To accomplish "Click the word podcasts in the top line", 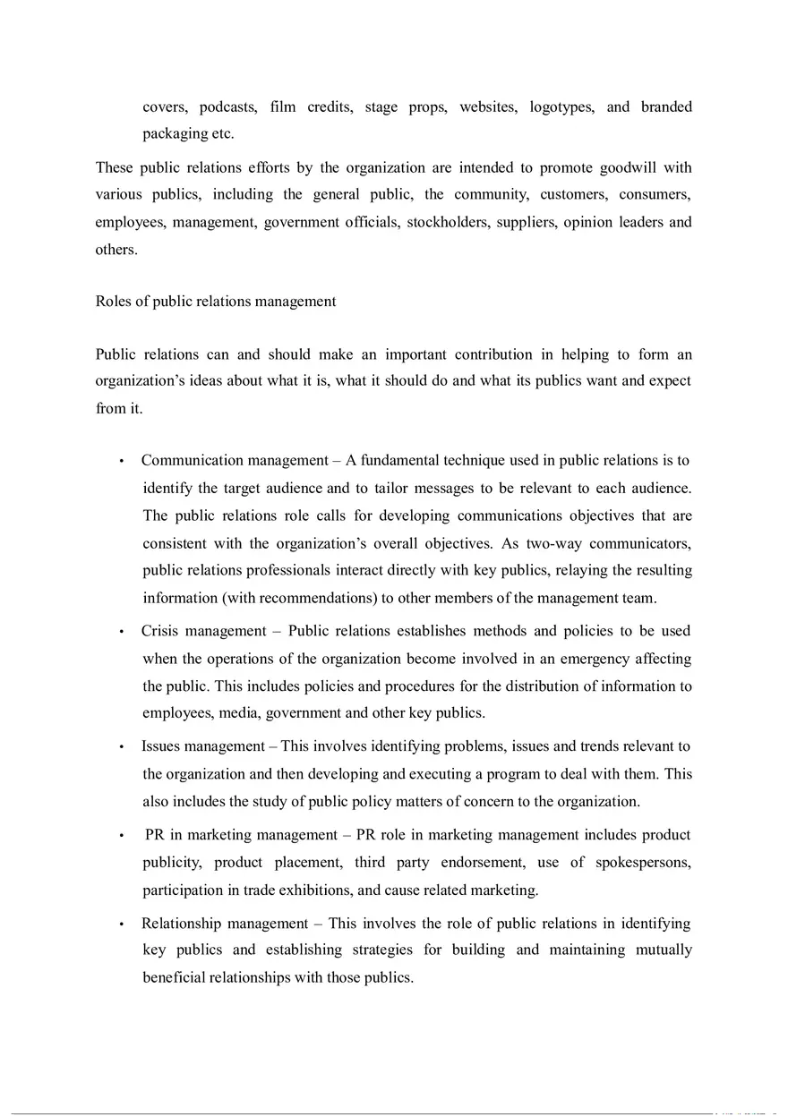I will [227, 107].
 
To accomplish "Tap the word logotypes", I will [561, 107].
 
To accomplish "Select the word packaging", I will [176, 134].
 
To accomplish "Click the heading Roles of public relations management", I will [216, 302].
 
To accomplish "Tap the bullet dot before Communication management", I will [120, 462].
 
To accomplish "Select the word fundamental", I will [403, 461].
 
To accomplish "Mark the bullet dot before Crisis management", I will [120, 632].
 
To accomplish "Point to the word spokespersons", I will [643, 863].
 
